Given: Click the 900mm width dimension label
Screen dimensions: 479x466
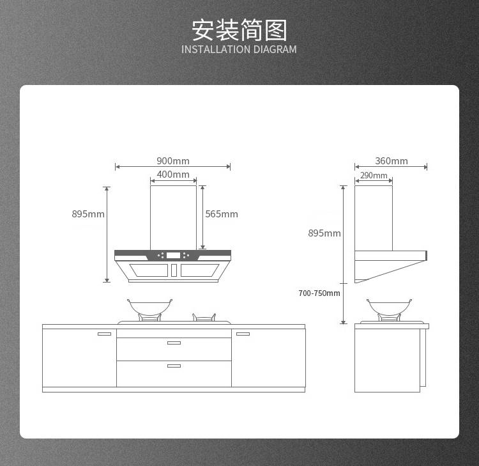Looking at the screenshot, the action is [x=173, y=161].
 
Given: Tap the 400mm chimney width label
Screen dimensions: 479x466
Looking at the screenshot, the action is [x=173, y=175].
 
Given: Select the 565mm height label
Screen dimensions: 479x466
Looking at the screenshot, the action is [x=222, y=214].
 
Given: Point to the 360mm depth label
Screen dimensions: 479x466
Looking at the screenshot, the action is [x=392, y=161].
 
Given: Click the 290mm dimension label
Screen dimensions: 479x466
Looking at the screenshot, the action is [x=374, y=175].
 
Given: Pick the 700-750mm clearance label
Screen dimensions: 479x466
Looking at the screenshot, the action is [x=319, y=293].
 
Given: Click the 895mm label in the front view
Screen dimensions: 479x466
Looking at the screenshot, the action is [x=88, y=214].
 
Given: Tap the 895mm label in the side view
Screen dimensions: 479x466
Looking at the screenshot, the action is [x=324, y=233].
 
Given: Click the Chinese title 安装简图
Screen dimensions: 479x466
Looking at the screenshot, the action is [x=240, y=30].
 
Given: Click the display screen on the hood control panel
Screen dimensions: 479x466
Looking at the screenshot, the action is [x=173, y=255].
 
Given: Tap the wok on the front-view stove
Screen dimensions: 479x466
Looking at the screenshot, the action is [x=149, y=307].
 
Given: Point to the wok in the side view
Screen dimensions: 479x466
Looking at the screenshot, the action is [x=389, y=307].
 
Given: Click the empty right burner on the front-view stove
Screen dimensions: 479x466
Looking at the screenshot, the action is [x=204, y=318].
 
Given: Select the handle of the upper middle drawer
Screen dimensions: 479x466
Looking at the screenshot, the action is [x=174, y=343].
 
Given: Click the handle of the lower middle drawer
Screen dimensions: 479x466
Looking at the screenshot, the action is [x=174, y=366].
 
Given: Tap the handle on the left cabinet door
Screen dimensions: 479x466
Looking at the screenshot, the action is [x=104, y=334].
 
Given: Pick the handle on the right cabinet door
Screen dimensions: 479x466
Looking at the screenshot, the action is [x=243, y=334].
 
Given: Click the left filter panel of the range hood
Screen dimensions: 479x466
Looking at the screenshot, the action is [x=149, y=270].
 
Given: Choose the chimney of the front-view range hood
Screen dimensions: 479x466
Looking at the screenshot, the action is [x=173, y=218].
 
